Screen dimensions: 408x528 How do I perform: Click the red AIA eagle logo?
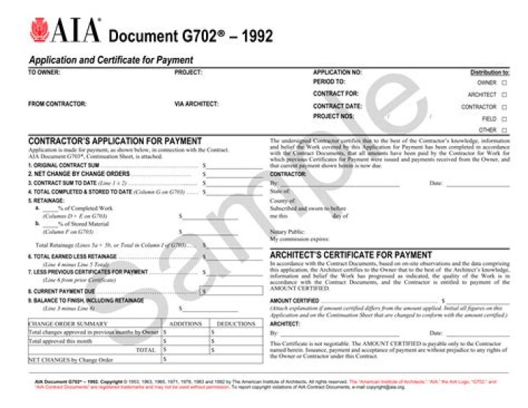[x=40, y=30]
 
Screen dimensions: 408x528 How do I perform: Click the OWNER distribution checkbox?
[x=504, y=83]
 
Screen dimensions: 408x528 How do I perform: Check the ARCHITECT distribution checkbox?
[x=504, y=95]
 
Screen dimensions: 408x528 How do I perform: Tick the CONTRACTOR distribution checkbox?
[x=504, y=106]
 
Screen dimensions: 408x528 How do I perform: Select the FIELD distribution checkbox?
[x=504, y=118]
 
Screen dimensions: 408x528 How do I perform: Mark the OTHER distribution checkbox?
[x=504, y=130]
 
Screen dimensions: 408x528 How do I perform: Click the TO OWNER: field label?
[x=44, y=73]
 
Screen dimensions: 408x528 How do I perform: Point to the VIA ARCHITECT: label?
[x=196, y=103]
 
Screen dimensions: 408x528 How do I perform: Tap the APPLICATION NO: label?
[x=337, y=73]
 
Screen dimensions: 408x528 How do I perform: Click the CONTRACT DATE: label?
[x=337, y=106]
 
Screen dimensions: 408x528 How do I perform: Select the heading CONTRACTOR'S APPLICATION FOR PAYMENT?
[x=114, y=141]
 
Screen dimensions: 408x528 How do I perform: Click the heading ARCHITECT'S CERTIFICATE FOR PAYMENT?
[x=351, y=255]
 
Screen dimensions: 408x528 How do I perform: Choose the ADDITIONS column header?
[x=185, y=323]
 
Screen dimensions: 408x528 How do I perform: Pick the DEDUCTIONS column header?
[x=235, y=323]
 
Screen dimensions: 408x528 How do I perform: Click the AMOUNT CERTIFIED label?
[x=294, y=301]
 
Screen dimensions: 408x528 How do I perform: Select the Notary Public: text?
[x=285, y=231]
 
